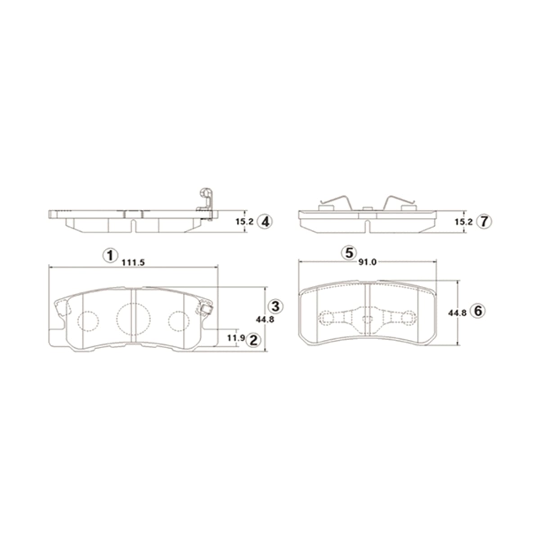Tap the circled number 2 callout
coord(253,340)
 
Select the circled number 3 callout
coord(276,306)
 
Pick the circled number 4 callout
coord(265,221)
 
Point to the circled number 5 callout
coord(349,253)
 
